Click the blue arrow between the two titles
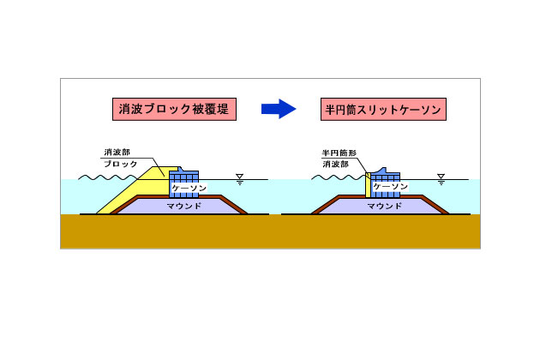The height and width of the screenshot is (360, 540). tap(278, 108)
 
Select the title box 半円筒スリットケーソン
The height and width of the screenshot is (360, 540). tap(383, 109)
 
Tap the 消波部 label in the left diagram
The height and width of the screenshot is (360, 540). tap(117, 153)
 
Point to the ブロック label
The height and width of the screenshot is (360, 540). tap(120, 163)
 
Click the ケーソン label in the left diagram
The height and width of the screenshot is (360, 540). tap(187, 186)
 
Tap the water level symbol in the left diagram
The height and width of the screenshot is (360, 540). tap(240, 179)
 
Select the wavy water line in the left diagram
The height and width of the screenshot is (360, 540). tap(103, 178)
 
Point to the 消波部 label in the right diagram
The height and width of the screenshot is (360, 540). tap(336, 163)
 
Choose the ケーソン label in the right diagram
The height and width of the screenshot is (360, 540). tap(390, 186)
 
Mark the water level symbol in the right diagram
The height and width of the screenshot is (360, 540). tap(441, 179)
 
